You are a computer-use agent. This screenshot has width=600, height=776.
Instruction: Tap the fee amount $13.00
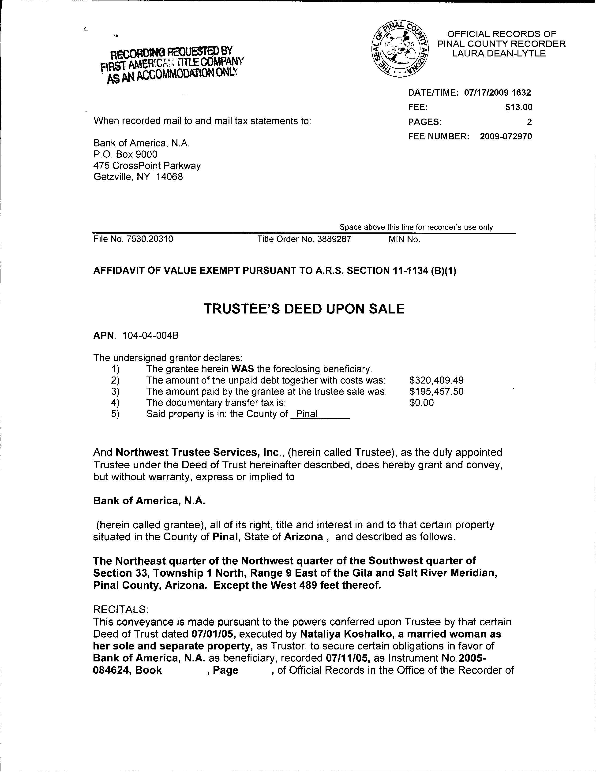point(519,107)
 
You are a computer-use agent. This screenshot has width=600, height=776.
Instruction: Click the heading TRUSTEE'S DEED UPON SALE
point(304,309)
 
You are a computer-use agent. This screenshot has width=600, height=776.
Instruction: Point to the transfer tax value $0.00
point(422,403)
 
